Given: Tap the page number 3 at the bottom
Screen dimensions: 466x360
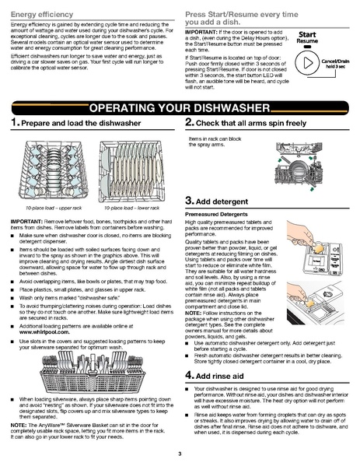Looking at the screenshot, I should tap(180, 454).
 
